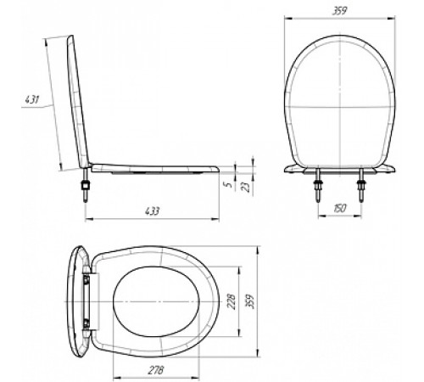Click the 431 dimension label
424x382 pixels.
[x=31, y=99]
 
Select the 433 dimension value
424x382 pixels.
[x=153, y=211]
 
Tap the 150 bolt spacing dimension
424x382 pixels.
[x=340, y=208]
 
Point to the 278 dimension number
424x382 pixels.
[x=156, y=370]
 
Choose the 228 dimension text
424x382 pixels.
[x=232, y=301]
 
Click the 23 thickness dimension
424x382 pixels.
[x=246, y=187]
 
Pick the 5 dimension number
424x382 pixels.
[x=230, y=184]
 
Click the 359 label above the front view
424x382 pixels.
[x=339, y=10]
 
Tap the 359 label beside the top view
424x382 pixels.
[x=250, y=301]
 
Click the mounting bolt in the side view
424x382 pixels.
[x=85, y=185]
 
